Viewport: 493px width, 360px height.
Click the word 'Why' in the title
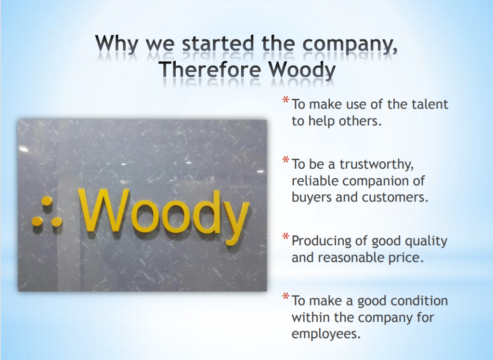point(117,44)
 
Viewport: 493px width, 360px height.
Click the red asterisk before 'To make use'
point(285,100)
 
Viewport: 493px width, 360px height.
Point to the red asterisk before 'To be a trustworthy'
point(285,160)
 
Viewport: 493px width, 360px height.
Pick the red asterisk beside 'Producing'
point(285,237)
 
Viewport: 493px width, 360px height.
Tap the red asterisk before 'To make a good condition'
point(285,296)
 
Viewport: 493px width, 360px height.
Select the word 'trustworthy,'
point(376,165)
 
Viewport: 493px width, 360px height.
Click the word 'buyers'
point(312,198)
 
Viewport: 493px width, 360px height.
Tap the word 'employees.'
point(326,334)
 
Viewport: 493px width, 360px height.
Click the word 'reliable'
point(315,181)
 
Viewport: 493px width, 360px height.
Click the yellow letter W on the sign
point(104,210)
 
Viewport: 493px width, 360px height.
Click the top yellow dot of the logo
point(47,201)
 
